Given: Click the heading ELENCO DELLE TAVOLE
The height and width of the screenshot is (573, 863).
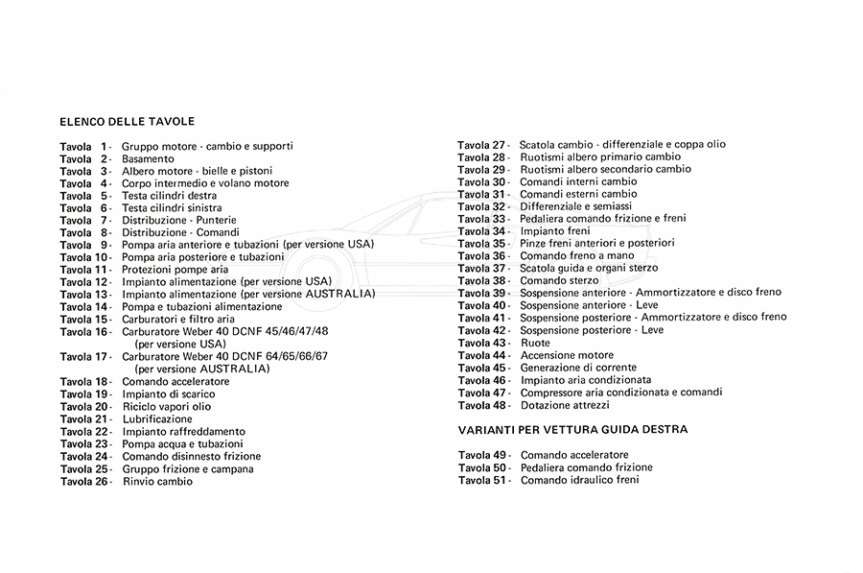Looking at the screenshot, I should pyautogui.click(x=127, y=122).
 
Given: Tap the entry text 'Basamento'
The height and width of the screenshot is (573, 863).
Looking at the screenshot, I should pyautogui.click(x=148, y=158).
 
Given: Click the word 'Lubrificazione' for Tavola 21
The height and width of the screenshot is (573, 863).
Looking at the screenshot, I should pyautogui.click(x=157, y=419).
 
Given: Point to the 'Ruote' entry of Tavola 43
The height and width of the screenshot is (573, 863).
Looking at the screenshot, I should pyautogui.click(x=535, y=343).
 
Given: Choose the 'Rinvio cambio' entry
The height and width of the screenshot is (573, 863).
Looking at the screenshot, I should pyautogui.click(x=157, y=482).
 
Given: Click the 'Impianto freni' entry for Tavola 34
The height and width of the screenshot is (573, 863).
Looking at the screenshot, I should pyautogui.click(x=555, y=231).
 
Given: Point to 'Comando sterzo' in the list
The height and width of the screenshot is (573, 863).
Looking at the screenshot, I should pyautogui.click(x=559, y=281).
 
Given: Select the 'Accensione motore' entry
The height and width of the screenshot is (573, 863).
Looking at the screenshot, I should pyautogui.click(x=567, y=355).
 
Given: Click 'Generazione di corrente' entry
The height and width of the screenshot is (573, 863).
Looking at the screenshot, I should pyautogui.click(x=579, y=368).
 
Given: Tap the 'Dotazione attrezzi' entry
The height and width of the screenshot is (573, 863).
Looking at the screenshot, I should pyautogui.click(x=567, y=404).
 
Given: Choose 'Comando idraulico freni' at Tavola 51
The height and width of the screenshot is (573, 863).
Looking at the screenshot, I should pyautogui.click(x=579, y=479).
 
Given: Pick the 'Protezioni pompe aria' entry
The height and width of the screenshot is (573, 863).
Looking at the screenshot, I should pyautogui.click(x=175, y=270).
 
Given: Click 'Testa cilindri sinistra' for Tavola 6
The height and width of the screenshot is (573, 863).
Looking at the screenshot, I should pyautogui.click(x=172, y=208).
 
